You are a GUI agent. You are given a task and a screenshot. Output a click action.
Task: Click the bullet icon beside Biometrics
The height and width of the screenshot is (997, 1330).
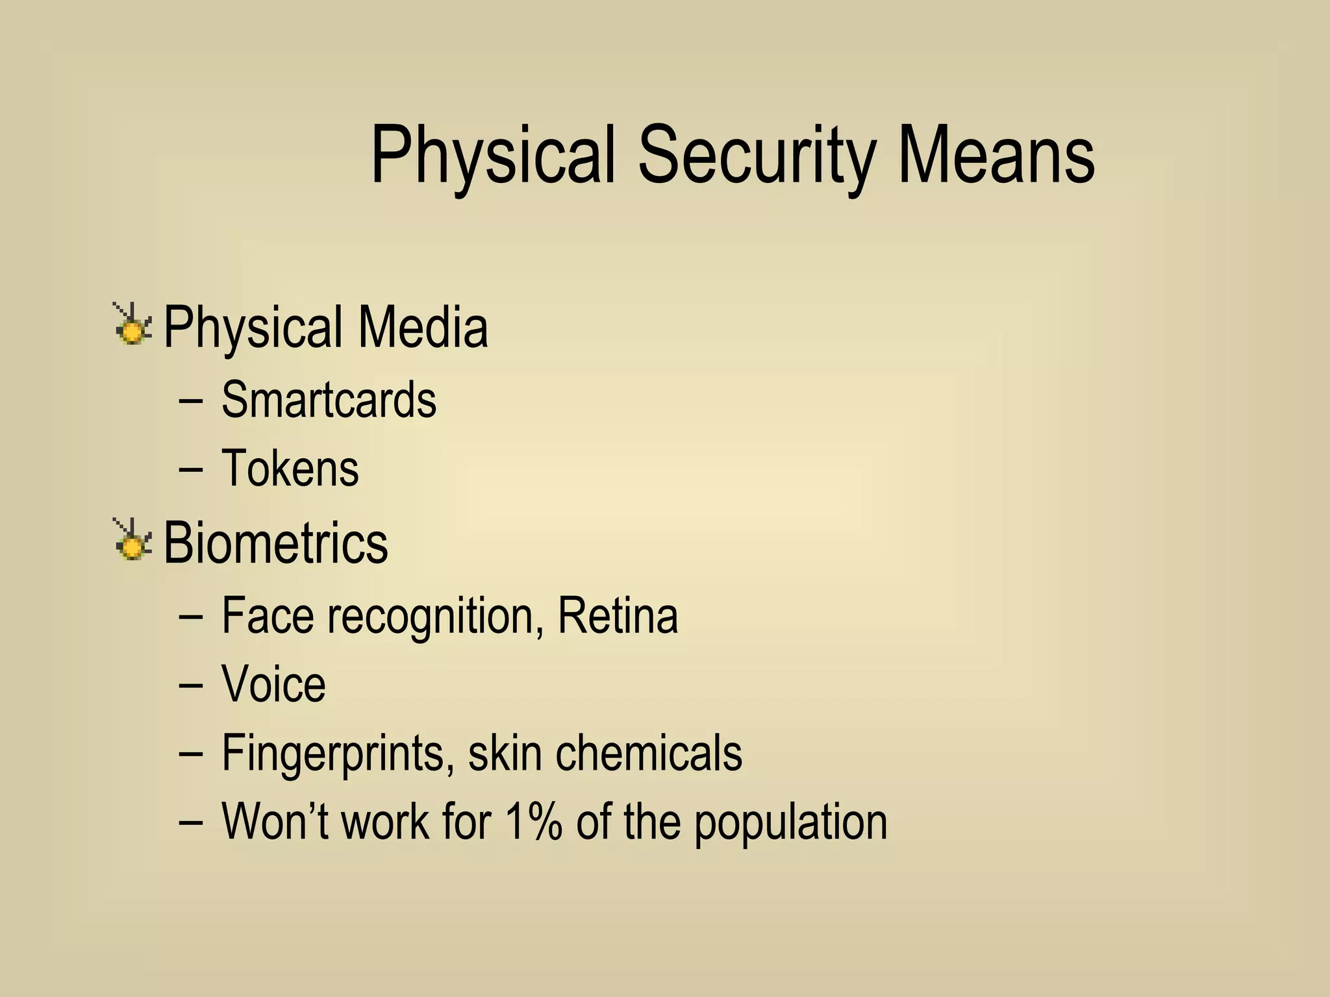pos(133,539)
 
